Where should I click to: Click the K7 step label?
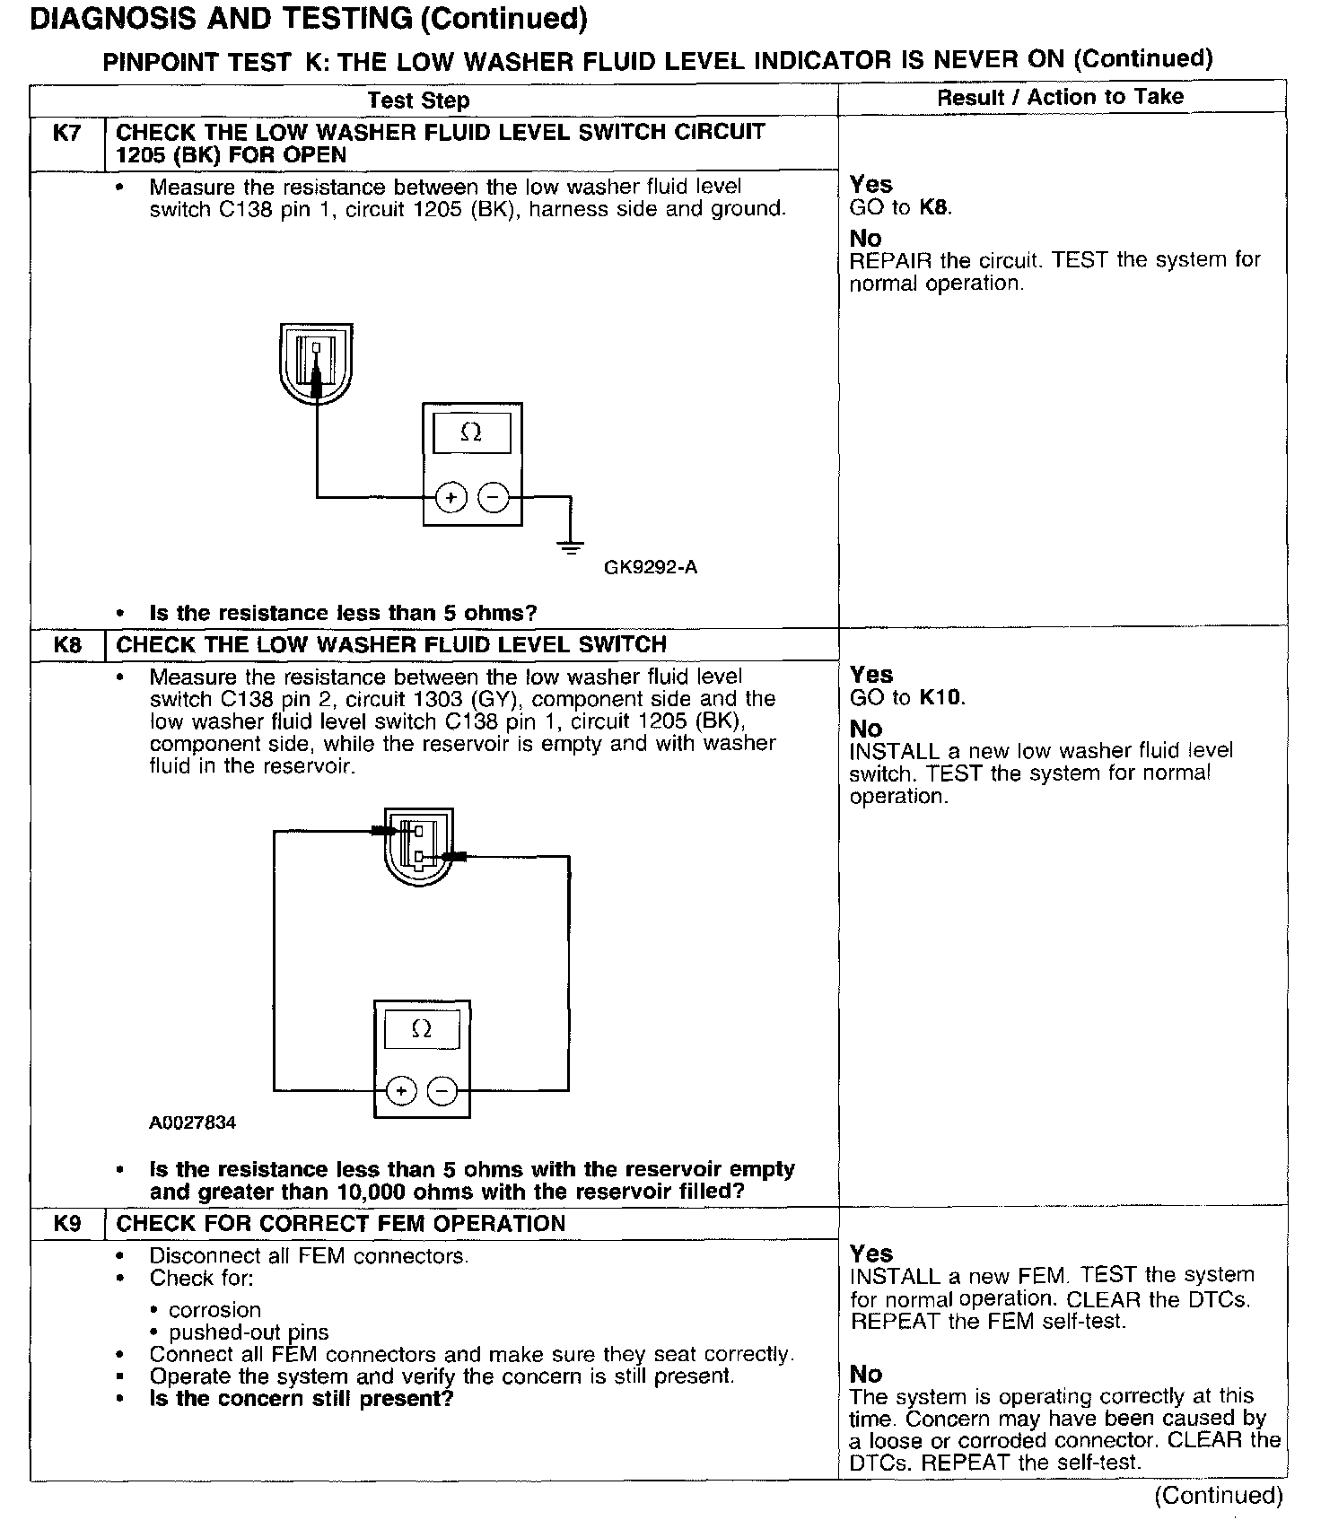[x=67, y=134]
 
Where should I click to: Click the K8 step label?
[x=67, y=645]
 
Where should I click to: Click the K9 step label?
[x=67, y=1224]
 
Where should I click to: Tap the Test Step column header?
[x=418, y=100]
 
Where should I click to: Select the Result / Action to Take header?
[x=1060, y=97]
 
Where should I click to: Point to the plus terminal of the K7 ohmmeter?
[x=451, y=496]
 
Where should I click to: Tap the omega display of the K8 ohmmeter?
[x=422, y=1029]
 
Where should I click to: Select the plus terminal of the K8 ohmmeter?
[x=401, y=1091]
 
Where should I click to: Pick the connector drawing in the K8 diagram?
[x=418, y=845]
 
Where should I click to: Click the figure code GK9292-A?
[x=651, y=567]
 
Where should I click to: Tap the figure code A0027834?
[x=193, y=1123]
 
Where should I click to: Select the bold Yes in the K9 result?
[x=871, y=1254]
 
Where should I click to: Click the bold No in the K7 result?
[x=866, y=239]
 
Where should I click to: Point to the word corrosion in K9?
[x=214, y=1310]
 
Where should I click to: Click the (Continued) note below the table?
[x=1219, y=1496]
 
